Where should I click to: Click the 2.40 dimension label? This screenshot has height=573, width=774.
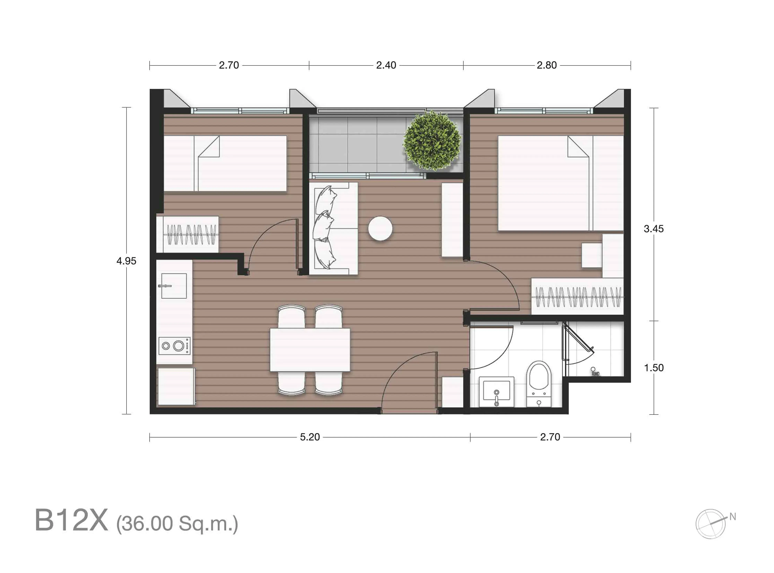tap(386, 65)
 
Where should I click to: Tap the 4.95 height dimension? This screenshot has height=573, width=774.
tap(126, 261)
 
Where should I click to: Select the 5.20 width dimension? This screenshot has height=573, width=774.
tap(310, 437)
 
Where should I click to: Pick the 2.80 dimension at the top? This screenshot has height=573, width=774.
tap(546, 65)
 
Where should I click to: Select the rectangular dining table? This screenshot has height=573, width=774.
tap(310, 350)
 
